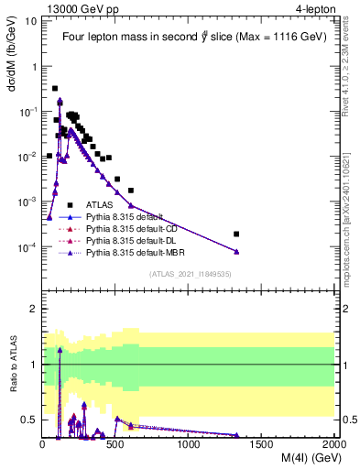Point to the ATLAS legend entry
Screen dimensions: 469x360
101,205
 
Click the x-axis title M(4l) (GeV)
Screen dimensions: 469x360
301,459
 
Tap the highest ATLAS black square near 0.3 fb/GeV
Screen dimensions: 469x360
55,89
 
